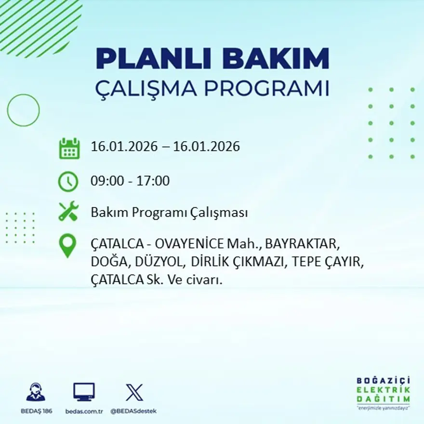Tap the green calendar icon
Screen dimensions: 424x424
click(x=69, y=148)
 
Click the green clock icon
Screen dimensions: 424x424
click(x=68, y=182)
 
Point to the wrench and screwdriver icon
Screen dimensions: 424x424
click(x=68, y=212)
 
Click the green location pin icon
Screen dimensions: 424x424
click(x=67, y=245)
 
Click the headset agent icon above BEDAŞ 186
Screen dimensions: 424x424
click(x=36, y=392)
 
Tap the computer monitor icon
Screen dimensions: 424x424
click(x=84, y=392)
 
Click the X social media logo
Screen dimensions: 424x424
click(x=134, y=392)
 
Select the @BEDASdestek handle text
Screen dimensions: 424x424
click(x=133, y=411)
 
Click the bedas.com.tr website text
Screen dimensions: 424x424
click(x=84, y=411)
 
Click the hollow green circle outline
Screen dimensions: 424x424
click(x=23, y=110)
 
